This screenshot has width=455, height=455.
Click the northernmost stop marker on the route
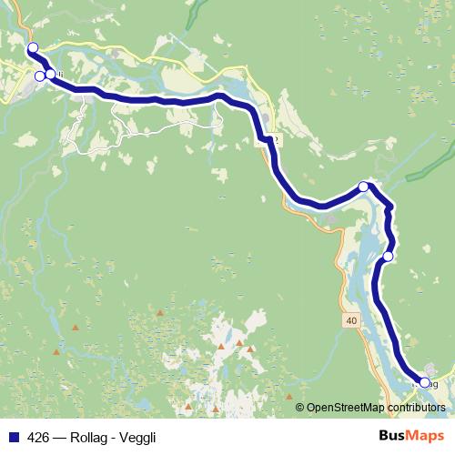(x=33, y=48)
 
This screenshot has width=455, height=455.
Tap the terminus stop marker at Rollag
(x=425, y=383)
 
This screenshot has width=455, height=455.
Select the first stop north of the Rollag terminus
(x=388, y=257)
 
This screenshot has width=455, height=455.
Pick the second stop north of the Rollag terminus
(x=363, y=187)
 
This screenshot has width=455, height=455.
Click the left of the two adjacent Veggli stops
(x=39, y=76)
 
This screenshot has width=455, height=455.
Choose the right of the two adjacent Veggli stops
(x=51, y=75)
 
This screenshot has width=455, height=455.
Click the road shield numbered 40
(x=352, y=321)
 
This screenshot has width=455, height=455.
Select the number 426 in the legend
(x=37, y=436)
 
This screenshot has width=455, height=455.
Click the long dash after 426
(x=58, y=436)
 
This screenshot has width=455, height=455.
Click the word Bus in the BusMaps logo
(x=391, y=436)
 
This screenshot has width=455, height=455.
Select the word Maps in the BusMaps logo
(x=425, y=436)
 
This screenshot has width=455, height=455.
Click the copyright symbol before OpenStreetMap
(x=299, y=408)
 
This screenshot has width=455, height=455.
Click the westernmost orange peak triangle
(x=56, y=351)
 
